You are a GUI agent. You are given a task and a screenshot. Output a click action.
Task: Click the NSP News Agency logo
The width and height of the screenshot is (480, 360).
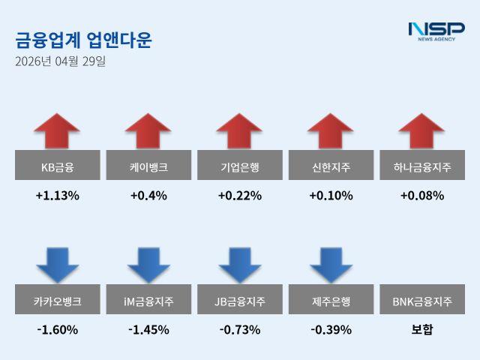coord(436,31)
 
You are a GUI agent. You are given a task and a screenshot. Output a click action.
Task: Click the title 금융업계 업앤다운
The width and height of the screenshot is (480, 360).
coord(82,40)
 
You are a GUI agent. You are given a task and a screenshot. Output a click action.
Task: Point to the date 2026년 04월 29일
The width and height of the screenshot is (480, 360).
coord(60,61)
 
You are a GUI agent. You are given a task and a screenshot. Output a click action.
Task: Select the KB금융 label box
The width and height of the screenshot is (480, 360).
coord(58,165)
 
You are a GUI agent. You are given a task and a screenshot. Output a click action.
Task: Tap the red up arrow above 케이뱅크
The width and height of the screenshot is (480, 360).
coord(148,131)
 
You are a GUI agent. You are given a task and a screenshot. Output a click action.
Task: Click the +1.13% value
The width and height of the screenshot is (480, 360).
coord(58,196)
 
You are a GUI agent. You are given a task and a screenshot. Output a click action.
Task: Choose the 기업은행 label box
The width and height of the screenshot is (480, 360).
coord(240,165)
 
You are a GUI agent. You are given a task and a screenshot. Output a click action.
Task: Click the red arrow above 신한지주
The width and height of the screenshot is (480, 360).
coord(331,131)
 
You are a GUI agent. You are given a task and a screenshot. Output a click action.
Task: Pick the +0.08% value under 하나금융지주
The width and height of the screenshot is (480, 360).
coord(422,196)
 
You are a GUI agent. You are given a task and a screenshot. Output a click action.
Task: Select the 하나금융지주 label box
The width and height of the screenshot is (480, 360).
coord(422,165)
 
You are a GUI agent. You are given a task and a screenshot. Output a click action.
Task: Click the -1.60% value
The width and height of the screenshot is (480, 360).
coord(58,329)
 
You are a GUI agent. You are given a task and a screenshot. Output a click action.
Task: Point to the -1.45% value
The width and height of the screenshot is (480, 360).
coord(148,329)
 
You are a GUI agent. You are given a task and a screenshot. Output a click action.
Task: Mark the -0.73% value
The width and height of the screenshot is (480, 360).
coord(240,329)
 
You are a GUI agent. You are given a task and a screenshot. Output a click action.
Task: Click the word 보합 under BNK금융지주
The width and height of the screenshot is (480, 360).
coord(422,329)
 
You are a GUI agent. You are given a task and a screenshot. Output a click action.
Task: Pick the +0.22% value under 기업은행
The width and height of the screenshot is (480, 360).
coord(240,196)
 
